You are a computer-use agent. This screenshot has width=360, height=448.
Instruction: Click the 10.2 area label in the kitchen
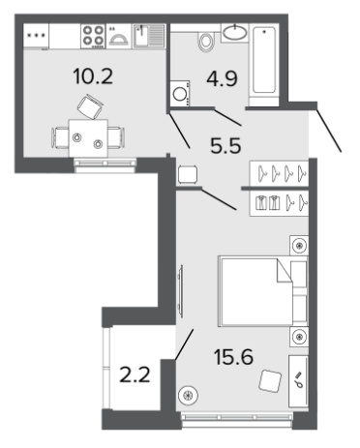tap(93, 77)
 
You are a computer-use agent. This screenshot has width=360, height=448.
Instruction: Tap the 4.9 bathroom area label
tap(222, 78)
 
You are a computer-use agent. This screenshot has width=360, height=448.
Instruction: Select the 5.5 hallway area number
tap(225, 145)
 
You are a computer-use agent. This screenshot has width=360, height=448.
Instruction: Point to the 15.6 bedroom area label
tap(233, 357)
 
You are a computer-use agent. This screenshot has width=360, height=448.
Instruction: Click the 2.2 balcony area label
tap(135, 375)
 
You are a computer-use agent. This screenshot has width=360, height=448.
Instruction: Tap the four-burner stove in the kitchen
tap(93, 35)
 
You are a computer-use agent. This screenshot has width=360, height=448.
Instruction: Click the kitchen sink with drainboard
tap(149, 36)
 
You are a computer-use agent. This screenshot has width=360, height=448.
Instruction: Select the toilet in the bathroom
tap(206, 41)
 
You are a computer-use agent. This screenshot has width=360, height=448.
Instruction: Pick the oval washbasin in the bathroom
tap(235, 33)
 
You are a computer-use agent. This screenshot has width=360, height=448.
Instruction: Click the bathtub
tap(264, 60)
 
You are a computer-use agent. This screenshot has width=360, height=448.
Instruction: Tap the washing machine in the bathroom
tap(179, 93)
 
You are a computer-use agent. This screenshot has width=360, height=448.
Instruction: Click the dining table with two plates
tap(88, 138)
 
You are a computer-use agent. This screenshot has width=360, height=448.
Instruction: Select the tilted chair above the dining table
tap(90, 106)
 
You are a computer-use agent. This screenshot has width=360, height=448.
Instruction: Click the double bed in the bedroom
tap(263, 291)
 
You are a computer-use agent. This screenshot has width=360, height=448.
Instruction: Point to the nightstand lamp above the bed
tap(299, 246)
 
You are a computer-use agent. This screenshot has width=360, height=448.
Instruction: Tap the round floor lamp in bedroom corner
tap(189, 395)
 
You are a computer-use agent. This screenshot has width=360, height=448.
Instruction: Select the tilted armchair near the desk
tap(270, 381)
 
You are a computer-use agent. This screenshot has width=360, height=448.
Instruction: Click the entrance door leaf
tap(329, 131)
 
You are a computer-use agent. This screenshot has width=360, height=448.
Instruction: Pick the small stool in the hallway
tap(188, 174)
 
